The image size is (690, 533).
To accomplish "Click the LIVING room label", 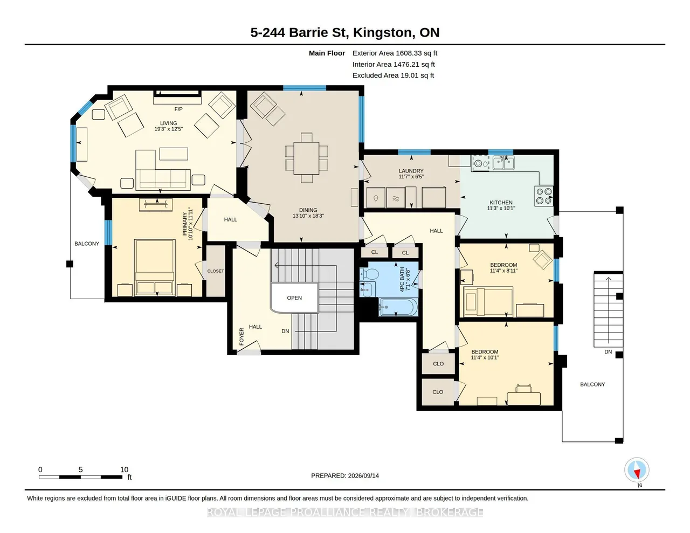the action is [x=168, y=123].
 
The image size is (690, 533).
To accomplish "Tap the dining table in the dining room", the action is [x=306, y=158].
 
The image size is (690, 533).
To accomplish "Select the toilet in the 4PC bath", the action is [x=369, y=274].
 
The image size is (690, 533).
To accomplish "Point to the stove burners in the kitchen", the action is [x=543, y=196].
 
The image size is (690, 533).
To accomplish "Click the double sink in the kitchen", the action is [x=503, y=163].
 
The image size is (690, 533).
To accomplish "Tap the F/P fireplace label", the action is [x=178, y=109].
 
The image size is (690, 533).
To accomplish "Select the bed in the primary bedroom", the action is [x=155, y=267].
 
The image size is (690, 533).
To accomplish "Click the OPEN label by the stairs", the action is [x=294, y=298].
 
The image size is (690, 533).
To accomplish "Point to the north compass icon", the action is [x=637, y=470].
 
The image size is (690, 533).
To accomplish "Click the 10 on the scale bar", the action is [x=124, y=469].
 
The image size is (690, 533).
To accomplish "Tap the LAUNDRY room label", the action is [x=411, y=171].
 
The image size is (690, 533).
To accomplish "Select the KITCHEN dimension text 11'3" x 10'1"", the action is [x=501, y=208].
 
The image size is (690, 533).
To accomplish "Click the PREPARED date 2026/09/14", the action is [x=363, y=475].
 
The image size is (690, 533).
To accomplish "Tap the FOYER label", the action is [x=241, y=336].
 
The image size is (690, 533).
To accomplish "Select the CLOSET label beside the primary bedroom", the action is [x=216, y=271].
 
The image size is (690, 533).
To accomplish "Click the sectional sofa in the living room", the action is [x=163, y=170].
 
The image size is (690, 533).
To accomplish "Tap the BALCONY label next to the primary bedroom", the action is [x=87, y=244].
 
